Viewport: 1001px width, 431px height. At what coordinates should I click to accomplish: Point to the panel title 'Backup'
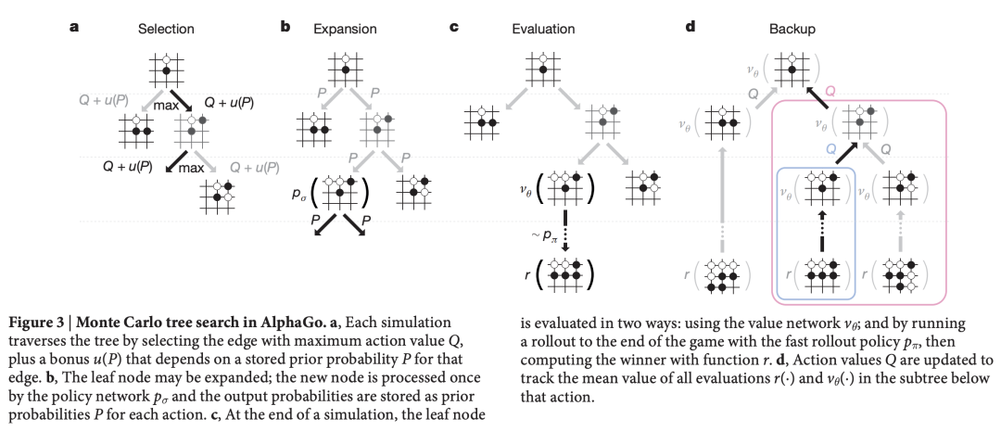pos(797,29)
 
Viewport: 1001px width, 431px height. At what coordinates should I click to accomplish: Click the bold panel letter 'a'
pos(73,28)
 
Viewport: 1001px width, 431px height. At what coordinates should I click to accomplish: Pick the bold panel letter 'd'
pos(689,28)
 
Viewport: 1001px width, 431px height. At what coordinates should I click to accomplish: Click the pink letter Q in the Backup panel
pos(829,91)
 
